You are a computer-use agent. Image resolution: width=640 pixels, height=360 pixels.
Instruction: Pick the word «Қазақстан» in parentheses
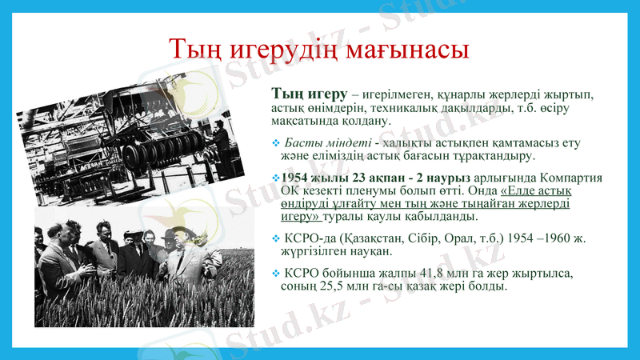point(369,238)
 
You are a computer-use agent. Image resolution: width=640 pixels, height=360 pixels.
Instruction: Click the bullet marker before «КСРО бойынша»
point(276,274)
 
